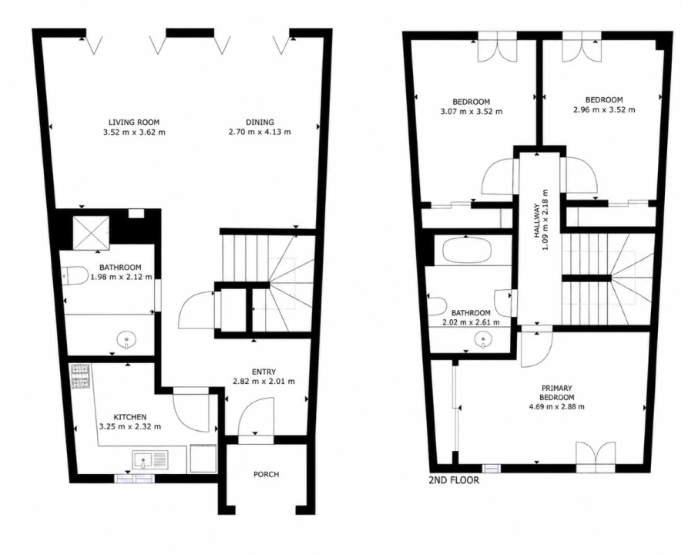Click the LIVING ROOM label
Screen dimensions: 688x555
[134, 122]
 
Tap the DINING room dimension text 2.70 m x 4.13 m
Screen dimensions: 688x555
[260, 132]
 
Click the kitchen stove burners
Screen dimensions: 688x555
[80, 376]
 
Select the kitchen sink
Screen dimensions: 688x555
[150, 461]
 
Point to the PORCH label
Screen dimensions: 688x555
[266, 474]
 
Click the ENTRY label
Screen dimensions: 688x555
[263, 372]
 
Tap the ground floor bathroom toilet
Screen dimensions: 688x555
[74, 276]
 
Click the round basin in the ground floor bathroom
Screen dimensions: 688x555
[126, 340]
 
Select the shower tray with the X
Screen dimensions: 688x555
[90, 232]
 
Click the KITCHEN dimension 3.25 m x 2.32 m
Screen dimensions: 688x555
[130, 426]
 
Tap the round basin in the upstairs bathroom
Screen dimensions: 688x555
[484, 339]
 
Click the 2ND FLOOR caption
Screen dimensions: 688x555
[454, 480]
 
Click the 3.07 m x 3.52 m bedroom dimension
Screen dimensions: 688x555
[472, 112]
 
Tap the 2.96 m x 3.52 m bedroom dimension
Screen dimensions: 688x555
[604, 109]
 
